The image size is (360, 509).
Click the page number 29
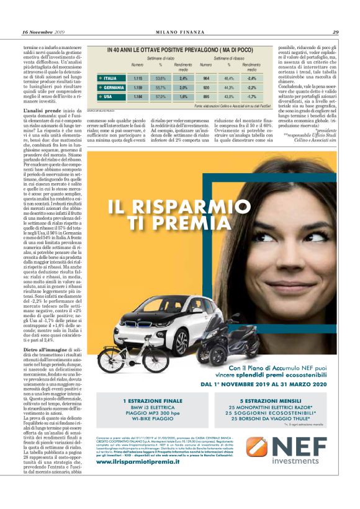(335, 32)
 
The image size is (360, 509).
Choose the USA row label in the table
(108, 96)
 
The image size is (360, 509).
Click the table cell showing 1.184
(138, 96)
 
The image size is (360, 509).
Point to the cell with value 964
(207, 78)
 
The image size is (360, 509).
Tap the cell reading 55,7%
(160, 88)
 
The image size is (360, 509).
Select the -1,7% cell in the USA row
(251, 96)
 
